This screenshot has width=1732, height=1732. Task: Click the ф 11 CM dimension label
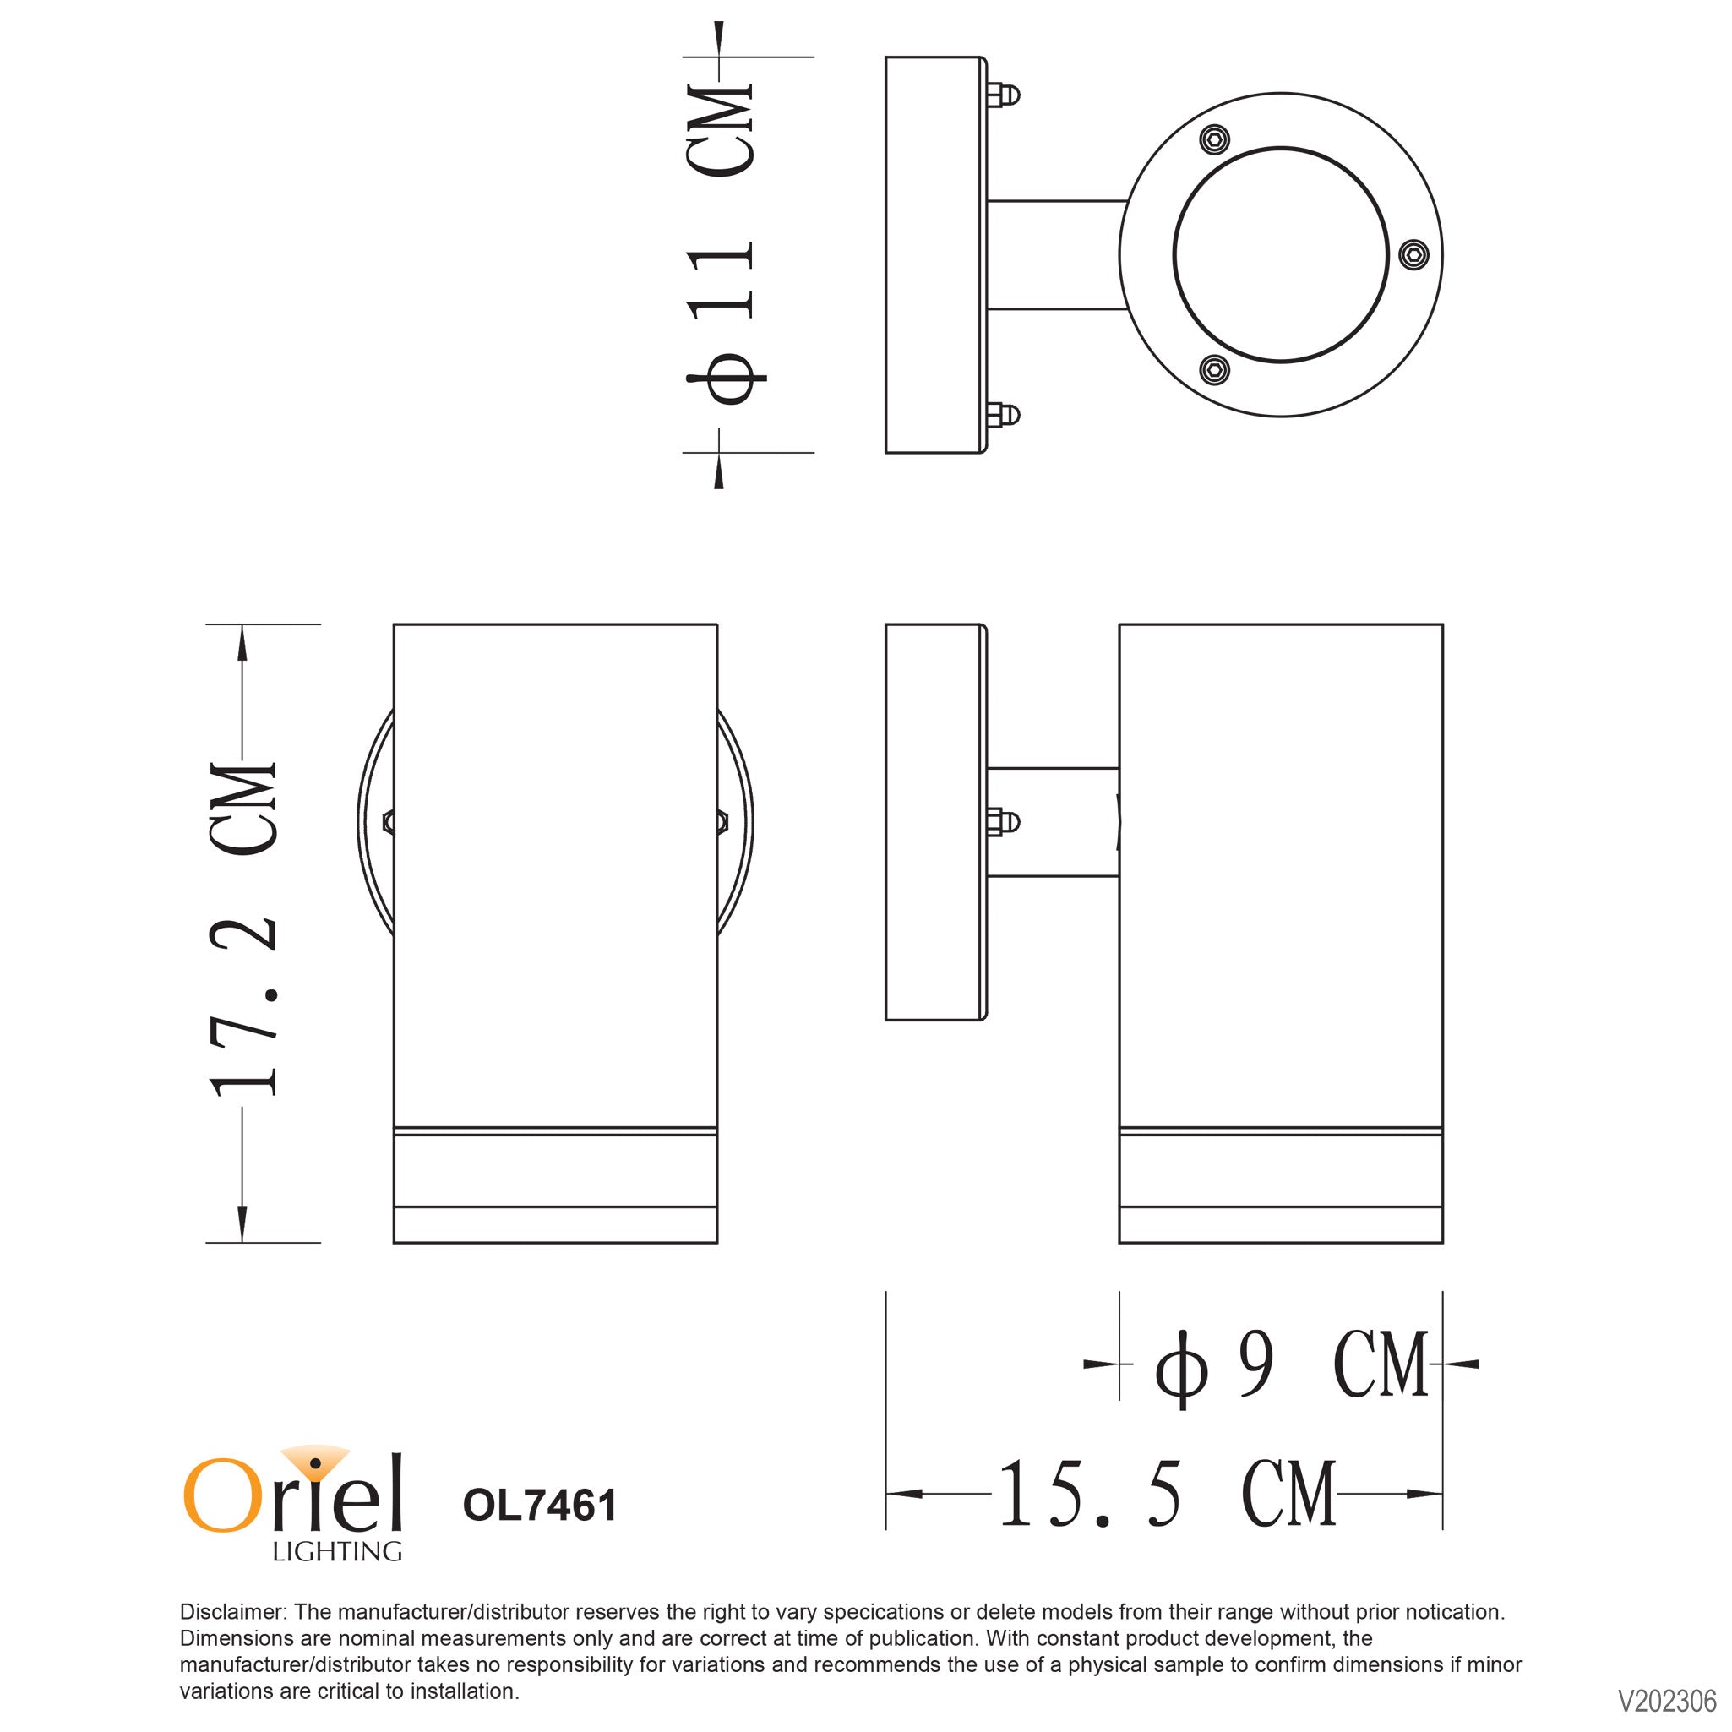pos(719,244)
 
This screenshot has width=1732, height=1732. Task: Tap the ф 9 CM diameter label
pos(1291,1365)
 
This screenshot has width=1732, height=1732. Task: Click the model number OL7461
pos(540,1506)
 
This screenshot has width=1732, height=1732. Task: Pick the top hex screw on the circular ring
pos(1215,139)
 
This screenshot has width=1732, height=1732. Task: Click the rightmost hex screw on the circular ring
pos(1413,254)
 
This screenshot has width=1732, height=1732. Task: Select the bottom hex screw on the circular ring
pos(1215,368)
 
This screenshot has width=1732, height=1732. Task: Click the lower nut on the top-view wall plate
pos(1002,415)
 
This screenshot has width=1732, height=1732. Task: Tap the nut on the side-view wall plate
pos(1001,821)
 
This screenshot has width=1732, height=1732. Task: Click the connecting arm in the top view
pos(1055,254)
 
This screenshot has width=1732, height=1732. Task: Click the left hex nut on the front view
pos(388,821)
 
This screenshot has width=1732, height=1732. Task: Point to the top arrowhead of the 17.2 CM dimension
pos(242,642)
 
